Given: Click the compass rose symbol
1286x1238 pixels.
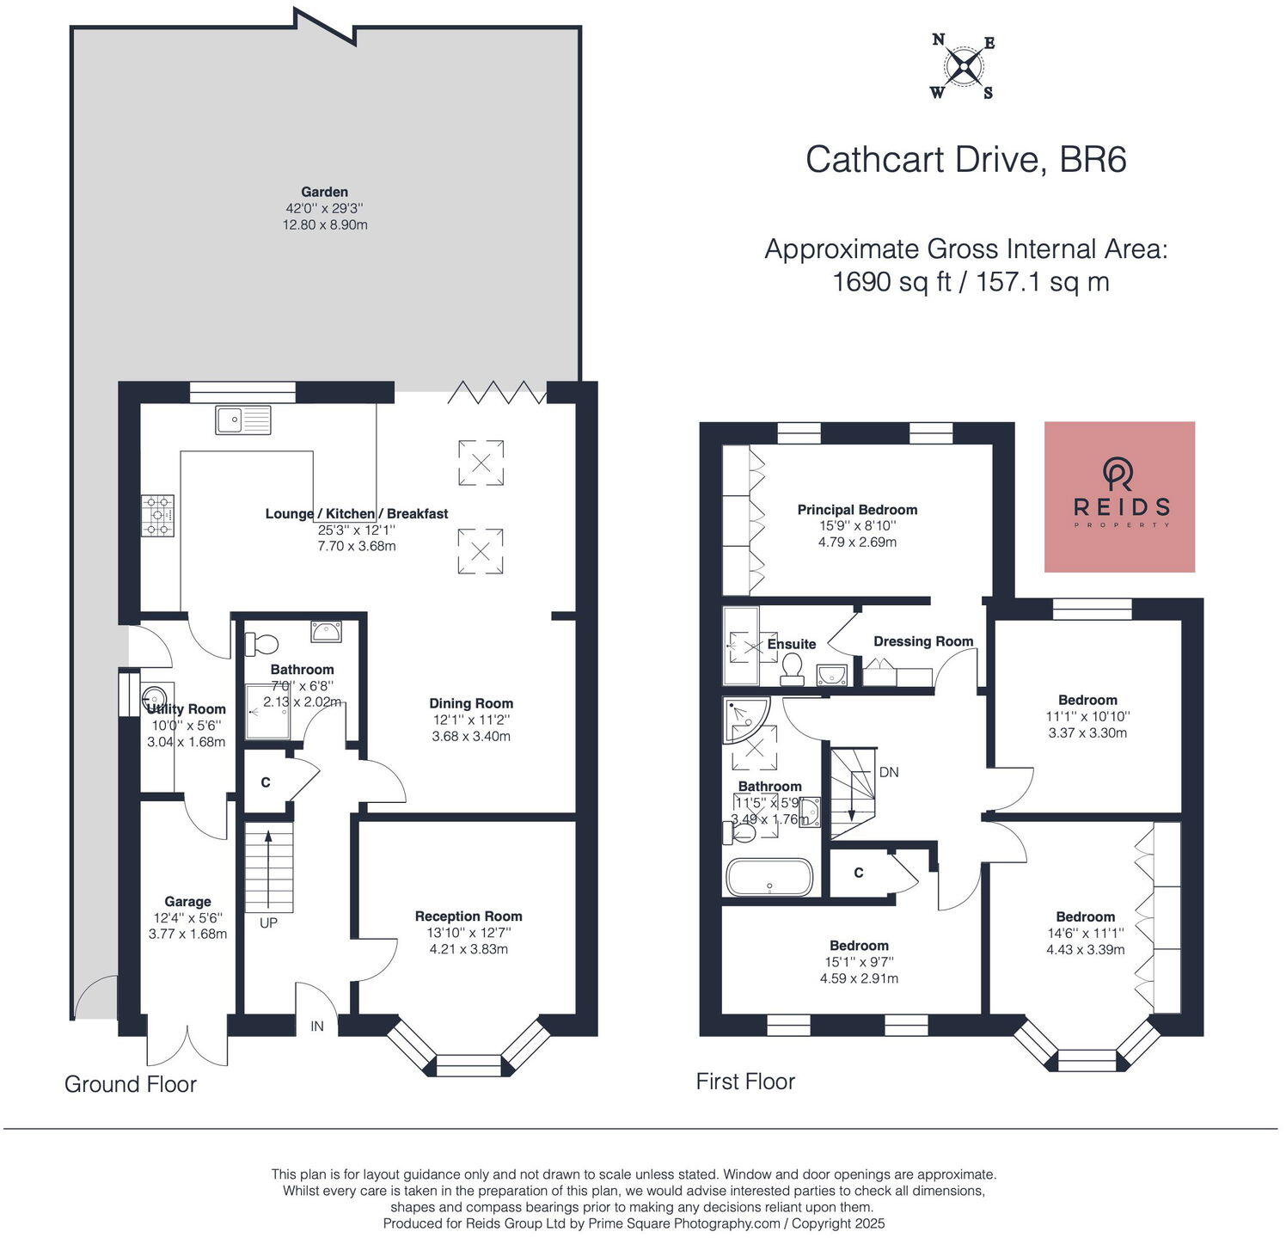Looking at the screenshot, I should click(x=963, y=65).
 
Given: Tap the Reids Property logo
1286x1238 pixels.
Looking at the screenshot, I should click(x=1119, y=497).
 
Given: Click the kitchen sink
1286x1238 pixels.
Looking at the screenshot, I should click(x=243, y=420).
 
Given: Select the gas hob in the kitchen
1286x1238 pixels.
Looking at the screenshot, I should click(x=158, y=515).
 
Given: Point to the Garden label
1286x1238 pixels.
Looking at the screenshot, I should click(x=324, y=192).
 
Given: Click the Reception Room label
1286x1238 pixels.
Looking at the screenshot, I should click(x=468, y=916).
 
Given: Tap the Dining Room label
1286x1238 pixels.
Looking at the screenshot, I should click(x=471, y=703).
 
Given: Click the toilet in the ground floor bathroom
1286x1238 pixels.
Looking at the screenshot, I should click(x=262, y=643).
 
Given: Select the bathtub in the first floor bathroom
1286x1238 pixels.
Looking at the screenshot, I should click(x=769, y=878).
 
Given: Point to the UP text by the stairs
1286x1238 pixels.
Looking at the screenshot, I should click(x=269, y=922).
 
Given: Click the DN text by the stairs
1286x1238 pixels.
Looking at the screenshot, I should click(x=889, y=772).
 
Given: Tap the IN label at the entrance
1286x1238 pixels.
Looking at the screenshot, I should click(x=317, y=1026).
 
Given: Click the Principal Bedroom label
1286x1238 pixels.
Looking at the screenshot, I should click(x=857, y=510).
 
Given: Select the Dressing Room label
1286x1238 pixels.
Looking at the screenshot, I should click(x=923, y=641).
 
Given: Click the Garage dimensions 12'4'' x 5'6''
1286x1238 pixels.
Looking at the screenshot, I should click(x=187, y=918).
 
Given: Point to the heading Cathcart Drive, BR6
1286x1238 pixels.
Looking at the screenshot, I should click(x=965, y=160).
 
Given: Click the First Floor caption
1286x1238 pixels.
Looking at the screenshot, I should click(x=745, y=1082).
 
